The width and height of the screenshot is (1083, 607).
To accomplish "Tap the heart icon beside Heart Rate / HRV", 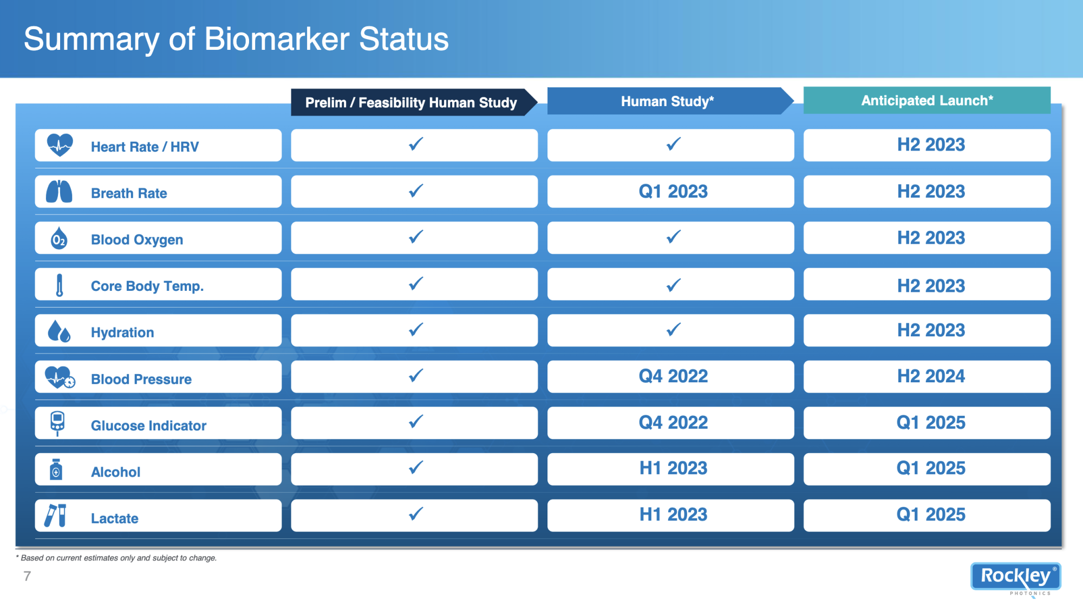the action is (60, 145).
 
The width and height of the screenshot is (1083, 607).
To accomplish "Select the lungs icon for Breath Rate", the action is (59, 192).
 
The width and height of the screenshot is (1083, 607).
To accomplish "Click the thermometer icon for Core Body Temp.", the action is (60, 285).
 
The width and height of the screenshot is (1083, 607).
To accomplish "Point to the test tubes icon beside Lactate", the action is (55, 515).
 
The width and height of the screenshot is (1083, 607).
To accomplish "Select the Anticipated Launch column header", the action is (927, 100).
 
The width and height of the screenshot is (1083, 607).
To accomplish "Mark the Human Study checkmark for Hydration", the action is (674, 329).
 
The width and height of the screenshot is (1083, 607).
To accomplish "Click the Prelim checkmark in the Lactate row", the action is (416, 513).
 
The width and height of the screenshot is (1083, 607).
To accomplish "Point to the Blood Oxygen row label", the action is (137, 240).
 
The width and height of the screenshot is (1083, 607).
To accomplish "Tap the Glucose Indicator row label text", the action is (148, 426).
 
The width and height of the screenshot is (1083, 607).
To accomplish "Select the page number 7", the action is (27, 576).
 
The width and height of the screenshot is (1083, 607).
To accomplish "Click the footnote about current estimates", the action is (116, 558).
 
